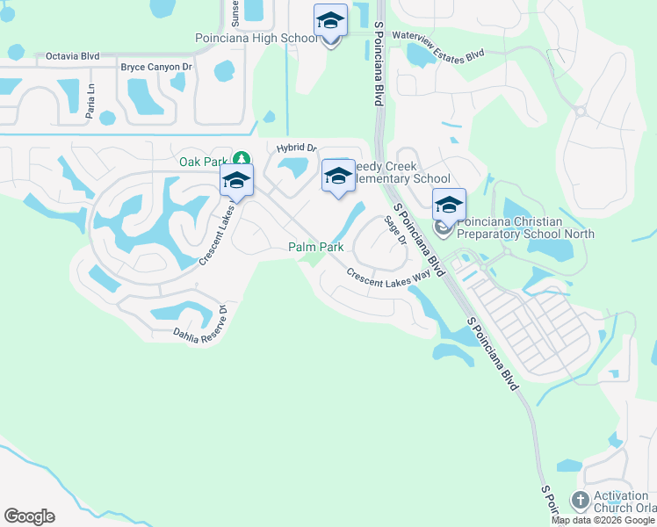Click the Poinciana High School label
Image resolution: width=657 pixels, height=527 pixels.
pos(256,39)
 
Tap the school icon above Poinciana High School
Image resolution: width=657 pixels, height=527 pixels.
pos(330,20)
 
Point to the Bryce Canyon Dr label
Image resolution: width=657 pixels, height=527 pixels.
pos(156,67)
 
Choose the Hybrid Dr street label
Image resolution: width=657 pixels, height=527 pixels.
pos(295,148)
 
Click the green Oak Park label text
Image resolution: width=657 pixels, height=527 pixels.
pos(203,162)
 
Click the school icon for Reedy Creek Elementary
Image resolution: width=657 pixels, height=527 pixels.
pos(338,176)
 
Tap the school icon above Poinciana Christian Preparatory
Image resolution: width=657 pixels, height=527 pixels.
pos(449,205)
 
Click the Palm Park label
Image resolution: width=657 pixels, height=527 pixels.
pos(316,248)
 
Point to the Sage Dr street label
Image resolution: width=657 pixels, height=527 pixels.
pos(395,231)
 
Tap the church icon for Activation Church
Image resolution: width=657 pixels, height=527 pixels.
pos(580,501)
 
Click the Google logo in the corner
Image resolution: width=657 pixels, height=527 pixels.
pos(29,516)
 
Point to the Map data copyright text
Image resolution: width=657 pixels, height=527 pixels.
pos(603,520)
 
